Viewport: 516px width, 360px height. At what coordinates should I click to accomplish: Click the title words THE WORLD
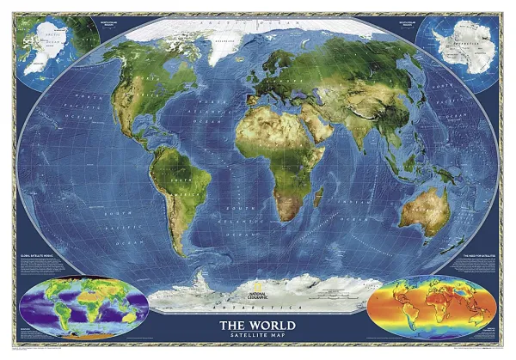coord(256,326)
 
